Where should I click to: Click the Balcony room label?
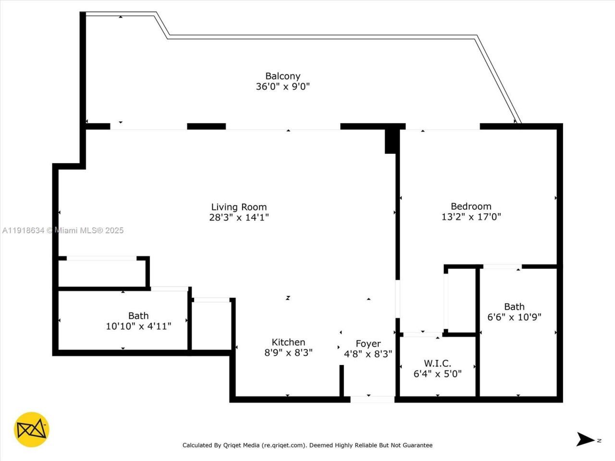[283, 76]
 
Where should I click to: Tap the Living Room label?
[239, 207]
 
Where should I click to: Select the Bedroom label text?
[471, 206]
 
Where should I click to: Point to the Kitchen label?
[288, 342]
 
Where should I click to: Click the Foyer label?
[368, 344]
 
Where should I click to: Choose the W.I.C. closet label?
[437, 364]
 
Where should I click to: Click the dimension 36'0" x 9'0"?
[283, 87]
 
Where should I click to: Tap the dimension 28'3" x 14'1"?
[239, 217]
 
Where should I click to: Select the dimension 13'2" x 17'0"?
[471, 217]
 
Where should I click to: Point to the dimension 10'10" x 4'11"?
[138, 326]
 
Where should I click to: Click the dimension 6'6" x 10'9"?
[514, 317]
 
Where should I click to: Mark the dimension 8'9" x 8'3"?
[288, 352]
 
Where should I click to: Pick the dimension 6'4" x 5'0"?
[437, 374]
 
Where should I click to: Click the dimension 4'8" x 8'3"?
[368, 354]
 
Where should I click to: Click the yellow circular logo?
[32, 429]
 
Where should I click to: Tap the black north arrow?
[585, 439]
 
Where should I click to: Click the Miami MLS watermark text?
[63, 230]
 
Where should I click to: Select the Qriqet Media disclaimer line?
[307, 445]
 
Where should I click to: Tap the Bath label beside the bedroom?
[514, 306]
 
